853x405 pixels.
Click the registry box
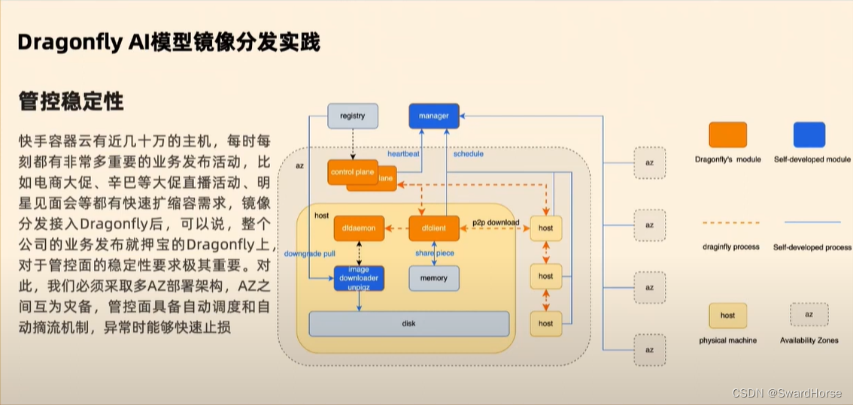(x=352, y=116)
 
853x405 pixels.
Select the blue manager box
(x=433, y=116)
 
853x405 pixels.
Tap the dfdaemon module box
(x=359, y=228)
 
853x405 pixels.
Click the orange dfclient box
(x=433, y=228)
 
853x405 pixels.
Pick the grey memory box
(x=433, y=278)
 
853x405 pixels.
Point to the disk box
(x=409, y=324)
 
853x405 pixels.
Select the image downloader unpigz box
(x=359, y=278)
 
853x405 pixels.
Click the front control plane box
(x=352, y=172)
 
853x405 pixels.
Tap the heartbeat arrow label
(x=404, y=154)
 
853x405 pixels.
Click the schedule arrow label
(x=468, y=154)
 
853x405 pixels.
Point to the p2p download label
(x=495, y=222)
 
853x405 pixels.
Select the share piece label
(x=434, y=253)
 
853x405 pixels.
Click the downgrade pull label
(x=308, y=254)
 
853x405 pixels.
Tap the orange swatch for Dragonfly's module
(x=727, y=135)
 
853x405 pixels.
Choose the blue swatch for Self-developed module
(x=809, y=135)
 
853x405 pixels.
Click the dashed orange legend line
(x=730, y=222)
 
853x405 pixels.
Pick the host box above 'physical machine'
(x=727, y=315)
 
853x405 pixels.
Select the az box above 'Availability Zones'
(x=809, y=314)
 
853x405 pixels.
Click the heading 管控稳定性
(x=71, y=101)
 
